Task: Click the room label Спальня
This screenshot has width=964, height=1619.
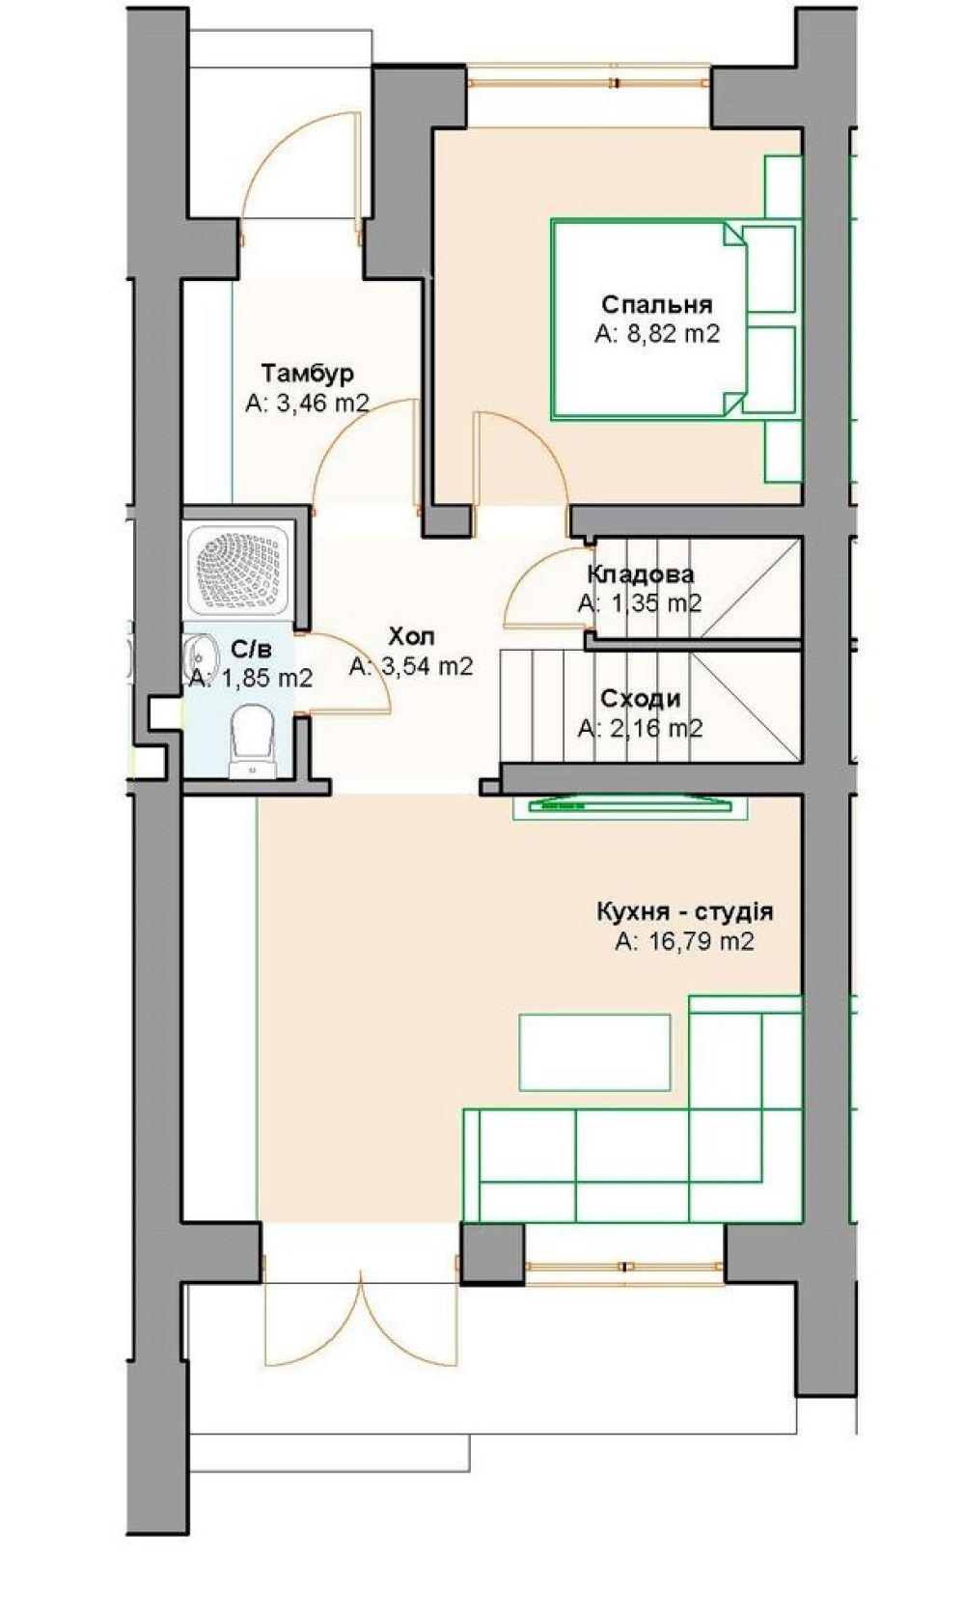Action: pyautogui.click(x=657, y=303)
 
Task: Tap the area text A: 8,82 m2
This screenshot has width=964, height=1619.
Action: pyautogui.click(x=657, y=333)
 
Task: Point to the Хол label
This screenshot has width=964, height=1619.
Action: pyautogui.click(x=411, y=637)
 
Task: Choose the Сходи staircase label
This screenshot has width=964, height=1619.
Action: pyautogui.click(x=641, y=698)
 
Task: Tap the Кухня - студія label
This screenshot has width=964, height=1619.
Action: pyautogui.click(x=684, y=911)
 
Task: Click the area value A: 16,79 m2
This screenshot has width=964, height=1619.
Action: pyautogui.click(x=684, y=942)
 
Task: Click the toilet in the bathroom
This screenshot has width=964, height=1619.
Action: pyautogui.click(x=252, y=742)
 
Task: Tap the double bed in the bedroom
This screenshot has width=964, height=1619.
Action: pyautogui.click(x=648, y=319)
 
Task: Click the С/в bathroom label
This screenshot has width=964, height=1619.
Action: pyautogui.click(x=252, y=650)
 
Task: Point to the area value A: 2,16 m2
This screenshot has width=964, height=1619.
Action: pyautogui.click(x=641, y=728)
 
